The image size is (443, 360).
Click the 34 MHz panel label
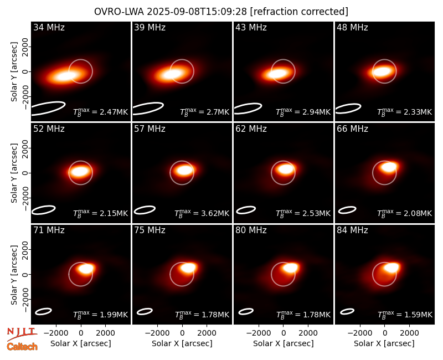pyautogui.click(x=49, y=27)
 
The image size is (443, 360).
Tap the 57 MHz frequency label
pyautogui.click(x=150, y=129)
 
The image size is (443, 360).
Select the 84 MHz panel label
pyautogui.click(x=352, y=230)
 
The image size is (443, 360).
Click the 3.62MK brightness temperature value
pyautogui.click(x=215, y=213)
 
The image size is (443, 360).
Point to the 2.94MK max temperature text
pyautogui.click(x=316, y=112)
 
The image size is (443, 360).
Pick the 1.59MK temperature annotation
pyautogui.click(x=418, y=315)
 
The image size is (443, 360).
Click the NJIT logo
pyautogui.click(x=22, y=333)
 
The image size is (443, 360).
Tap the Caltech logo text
pyautogui.click(x=22, y=347)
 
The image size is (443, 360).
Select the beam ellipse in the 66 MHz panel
pyautogui.click(x=347, y=210)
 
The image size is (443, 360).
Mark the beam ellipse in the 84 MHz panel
pyautogui.click(x=347, y=311)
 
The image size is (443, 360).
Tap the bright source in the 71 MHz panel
pyautogui.click(x=86, y=268)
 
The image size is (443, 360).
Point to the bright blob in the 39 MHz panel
pyautogui.click(x=172, y=74)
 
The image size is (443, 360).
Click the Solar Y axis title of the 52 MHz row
pyautogui.click(x=14, y=173)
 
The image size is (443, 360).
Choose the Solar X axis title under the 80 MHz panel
pyautogui.click(x=284, y=343)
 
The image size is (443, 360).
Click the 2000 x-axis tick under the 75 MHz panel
pyautogui.click(x=207, y=333)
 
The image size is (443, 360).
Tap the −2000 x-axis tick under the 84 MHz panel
pyautogui.click(x=359, y=333)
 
